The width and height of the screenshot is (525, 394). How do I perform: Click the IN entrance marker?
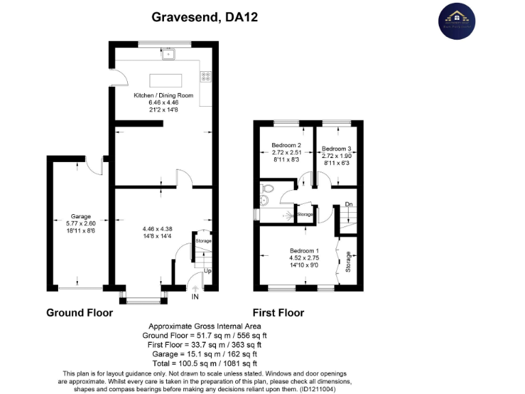(x=195, y=297)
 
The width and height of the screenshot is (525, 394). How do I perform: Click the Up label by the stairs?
(x=208, y=271)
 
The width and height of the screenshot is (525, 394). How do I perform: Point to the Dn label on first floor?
(x=348, y=205)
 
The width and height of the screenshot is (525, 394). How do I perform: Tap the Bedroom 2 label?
(x=286, y=145)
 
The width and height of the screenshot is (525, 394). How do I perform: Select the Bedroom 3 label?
(x=336, y=148)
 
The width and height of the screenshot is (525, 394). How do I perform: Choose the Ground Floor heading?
(x=79, y=313)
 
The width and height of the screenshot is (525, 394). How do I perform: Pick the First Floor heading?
(x=278, y=313)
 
